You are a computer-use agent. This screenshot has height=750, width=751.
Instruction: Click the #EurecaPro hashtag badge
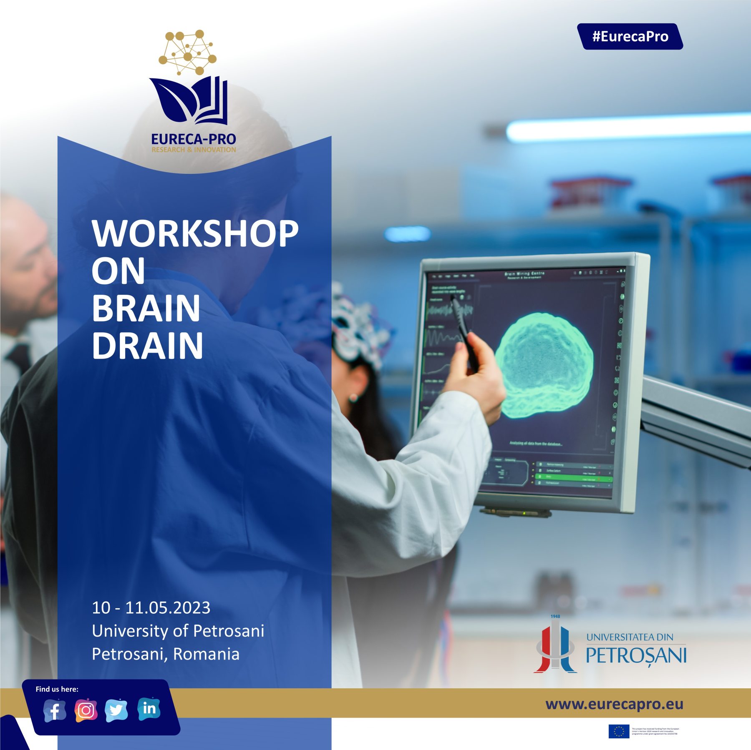(630, 37)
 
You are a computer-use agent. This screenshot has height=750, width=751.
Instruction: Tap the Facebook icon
(55, 710)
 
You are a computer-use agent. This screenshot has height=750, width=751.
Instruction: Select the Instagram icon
(86, 710)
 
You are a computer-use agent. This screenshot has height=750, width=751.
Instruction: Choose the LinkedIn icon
(149, 708)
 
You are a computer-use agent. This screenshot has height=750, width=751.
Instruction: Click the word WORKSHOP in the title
(195, 233)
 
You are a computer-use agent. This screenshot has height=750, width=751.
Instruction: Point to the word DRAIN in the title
(147, 346)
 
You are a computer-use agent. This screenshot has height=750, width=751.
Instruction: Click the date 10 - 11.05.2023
(151, 608)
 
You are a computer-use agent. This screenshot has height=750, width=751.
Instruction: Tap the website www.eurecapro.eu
(614, 704)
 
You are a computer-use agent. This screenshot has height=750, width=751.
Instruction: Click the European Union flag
(619, 731)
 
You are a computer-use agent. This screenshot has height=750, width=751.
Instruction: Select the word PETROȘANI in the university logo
(636, 655)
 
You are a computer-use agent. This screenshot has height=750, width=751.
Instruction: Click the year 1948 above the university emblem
(555, 616)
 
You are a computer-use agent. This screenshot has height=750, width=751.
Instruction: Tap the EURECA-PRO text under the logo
(194, 139)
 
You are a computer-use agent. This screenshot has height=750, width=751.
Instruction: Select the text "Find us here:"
(57, 689)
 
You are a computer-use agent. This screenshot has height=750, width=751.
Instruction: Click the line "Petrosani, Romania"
(166, 654)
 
